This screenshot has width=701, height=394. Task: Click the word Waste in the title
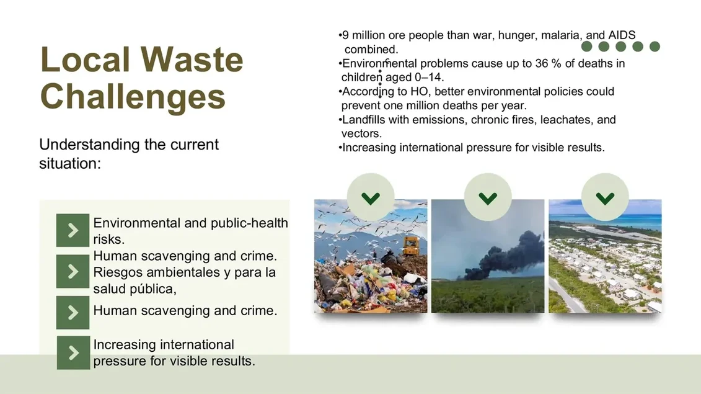(192, 59)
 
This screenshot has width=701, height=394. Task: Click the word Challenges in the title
(133, 96)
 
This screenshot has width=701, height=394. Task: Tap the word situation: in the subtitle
(70, 163)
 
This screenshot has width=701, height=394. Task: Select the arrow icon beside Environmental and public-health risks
(73, 230)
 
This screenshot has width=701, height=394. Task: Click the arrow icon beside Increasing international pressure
(73, 353)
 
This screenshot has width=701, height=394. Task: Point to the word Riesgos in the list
(118, 272)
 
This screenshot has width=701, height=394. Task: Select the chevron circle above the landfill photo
(371, 197)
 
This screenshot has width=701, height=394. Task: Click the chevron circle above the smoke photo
(488, 197)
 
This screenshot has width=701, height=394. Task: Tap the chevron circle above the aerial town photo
(605, 197)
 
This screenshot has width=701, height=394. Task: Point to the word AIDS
(622, 35)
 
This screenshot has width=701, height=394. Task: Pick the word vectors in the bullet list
(361, 134)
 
